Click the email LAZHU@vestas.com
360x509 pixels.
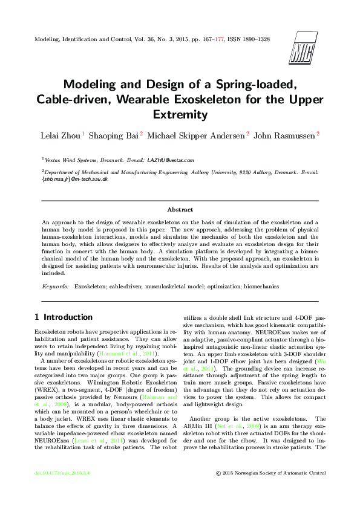point(174,160)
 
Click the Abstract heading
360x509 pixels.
point(180,209)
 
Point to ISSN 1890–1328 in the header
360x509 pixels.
point(248,39)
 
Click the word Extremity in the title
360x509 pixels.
point(180,114)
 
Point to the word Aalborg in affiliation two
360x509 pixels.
point(264,172)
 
